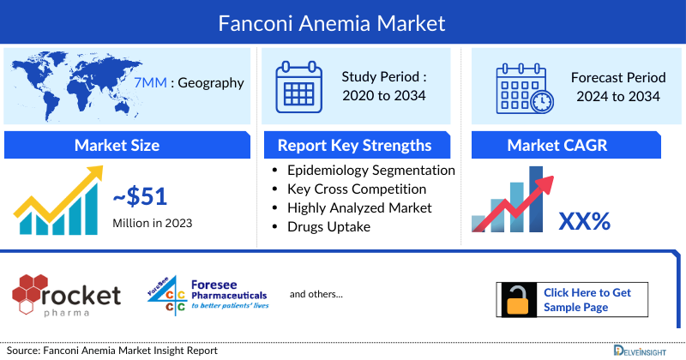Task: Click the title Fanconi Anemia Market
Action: [x=343, y=20]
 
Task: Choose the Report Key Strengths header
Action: [x=359, y=145]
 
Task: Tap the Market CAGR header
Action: [x=557, y=145]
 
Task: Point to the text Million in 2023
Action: [x=152, y=223]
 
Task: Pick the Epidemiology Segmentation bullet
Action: [x=370, y=171]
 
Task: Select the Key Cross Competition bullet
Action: [x=356, y=189]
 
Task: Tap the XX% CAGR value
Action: [x=584, y=221]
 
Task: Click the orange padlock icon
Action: [x=517, y=300]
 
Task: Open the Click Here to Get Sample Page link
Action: [x=587, y=299]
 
